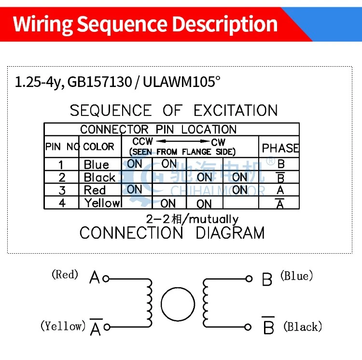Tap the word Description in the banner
(224, 25)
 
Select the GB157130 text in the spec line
(100, 82)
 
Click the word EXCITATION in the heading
(236, 111)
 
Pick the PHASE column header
(280, 148)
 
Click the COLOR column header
(98, 146)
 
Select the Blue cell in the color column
(96, 164)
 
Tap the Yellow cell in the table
(102, 203)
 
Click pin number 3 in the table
(62, 190)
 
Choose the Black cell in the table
(99, 177)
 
